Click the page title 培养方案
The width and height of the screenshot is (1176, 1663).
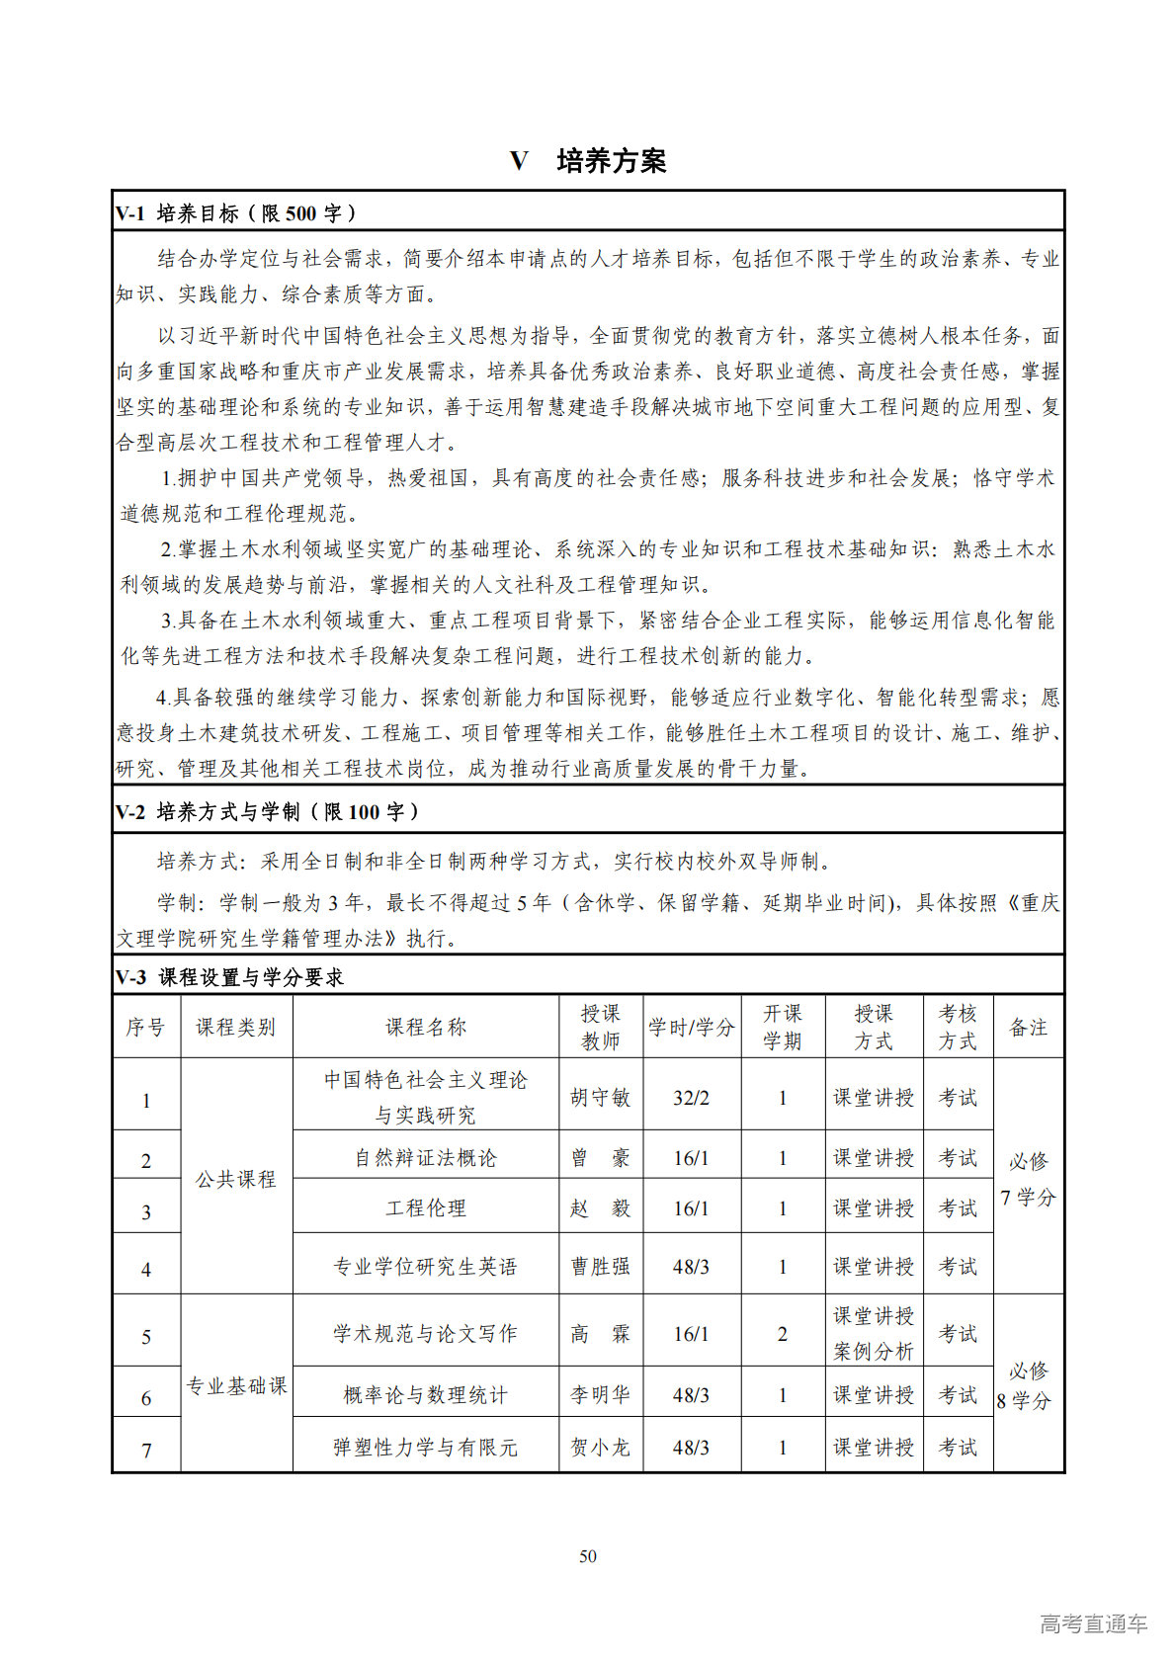coord(611,161)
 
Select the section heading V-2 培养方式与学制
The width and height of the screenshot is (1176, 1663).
coord(267,812)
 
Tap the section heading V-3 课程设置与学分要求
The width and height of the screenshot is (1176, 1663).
coord(229,977)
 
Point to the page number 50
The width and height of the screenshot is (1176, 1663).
coord(588,1556)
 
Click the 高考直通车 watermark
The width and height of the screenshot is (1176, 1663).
coord(1093,1623)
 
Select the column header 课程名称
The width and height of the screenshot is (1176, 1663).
coord(425,1028)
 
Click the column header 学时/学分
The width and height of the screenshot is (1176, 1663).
coord(691,1028)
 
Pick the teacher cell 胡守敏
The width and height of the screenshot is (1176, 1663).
coord(600,1098)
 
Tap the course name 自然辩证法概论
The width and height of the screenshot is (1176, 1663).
coord(425,1158)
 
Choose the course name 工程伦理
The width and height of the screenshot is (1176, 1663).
coord(425,1208)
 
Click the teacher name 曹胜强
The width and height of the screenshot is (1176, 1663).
coord(600,1267)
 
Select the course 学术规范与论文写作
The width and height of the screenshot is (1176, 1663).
coord(425,1334)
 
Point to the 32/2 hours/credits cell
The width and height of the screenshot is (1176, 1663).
coord(691,1098)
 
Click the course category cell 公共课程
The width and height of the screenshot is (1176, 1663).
coord(235,1180)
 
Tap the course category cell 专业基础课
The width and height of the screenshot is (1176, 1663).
coord(236,1386)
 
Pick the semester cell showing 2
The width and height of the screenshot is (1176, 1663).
coord(782,1334)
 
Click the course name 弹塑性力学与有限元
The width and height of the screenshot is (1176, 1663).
coord(425,1448)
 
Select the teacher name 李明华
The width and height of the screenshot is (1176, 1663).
coord(600,1395)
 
